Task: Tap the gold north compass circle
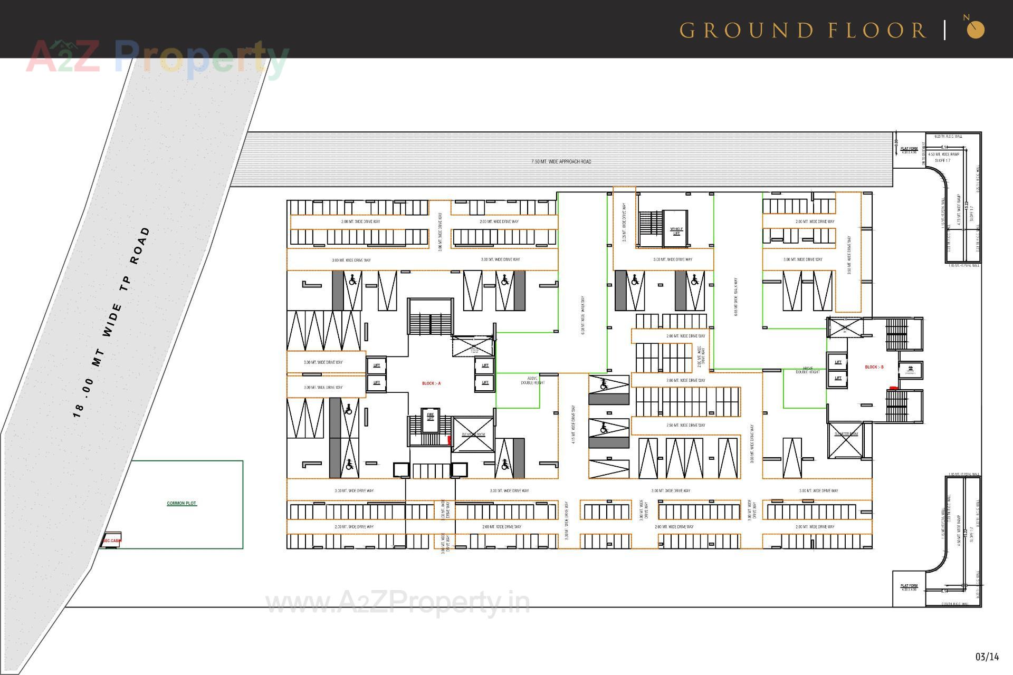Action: pos(976,30)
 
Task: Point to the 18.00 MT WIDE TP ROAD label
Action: pos(111,322)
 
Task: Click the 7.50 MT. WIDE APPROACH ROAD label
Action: pos(561,161)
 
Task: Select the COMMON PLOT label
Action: pos(181,503)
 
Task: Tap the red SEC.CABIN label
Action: pos(112,541)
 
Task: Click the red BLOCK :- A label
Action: pos(431,383)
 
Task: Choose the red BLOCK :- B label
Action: pos(874,367)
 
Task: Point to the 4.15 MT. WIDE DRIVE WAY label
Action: pos(574,424)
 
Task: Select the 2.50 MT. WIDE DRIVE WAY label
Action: pos(685,425)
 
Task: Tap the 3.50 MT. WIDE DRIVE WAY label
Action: pos(849,255)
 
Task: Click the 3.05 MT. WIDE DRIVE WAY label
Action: pos(624,221)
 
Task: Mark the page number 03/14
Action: pos(987,657)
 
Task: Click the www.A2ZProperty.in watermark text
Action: pos(398,602)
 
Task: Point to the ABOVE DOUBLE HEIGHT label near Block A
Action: pos(532,380)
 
